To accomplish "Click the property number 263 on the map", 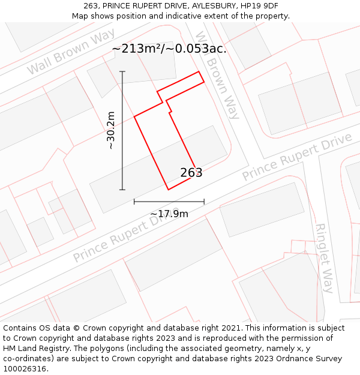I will pos(191,173).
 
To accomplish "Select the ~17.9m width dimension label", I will pos(169,214).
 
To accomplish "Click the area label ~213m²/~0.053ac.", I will pos(169,49).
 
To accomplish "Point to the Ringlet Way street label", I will pos(324,258).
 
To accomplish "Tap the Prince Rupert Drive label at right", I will pos(296,157).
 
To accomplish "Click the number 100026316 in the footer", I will pos(26,368).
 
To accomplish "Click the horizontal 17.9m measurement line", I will pos(169,202).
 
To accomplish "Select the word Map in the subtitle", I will pos(81,16).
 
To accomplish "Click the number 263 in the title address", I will pos(91,6).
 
